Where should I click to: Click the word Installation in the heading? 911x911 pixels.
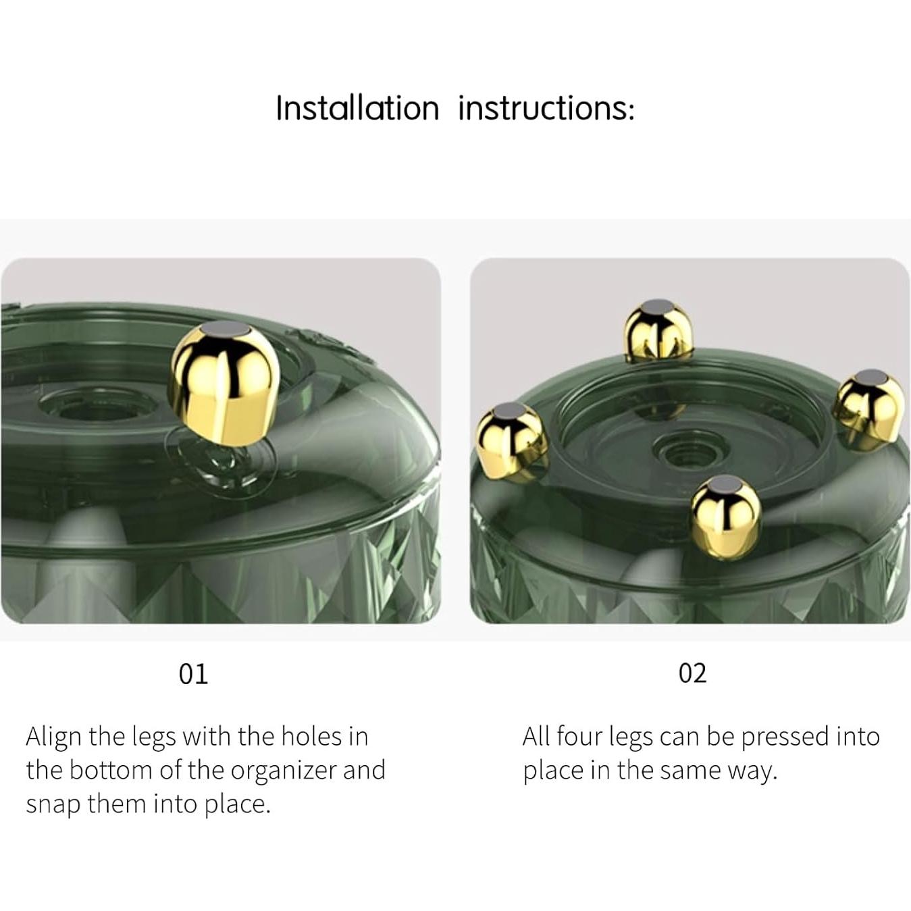pyautogui.click(x=357, y=108)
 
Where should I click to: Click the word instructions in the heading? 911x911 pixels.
pyautogui.click(x=546, y=108)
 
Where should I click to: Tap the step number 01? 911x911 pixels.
pyautogui.click(x=193, y=673)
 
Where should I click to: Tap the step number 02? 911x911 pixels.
pyautogui.click(x=692, y=673)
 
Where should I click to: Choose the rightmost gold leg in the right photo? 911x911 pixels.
pyautogui.click(x=869, y=409)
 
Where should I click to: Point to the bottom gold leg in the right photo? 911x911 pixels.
pyautogui.click(x=725, y=517)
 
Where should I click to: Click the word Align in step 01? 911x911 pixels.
pyautogui.click(x=54, y=737)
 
